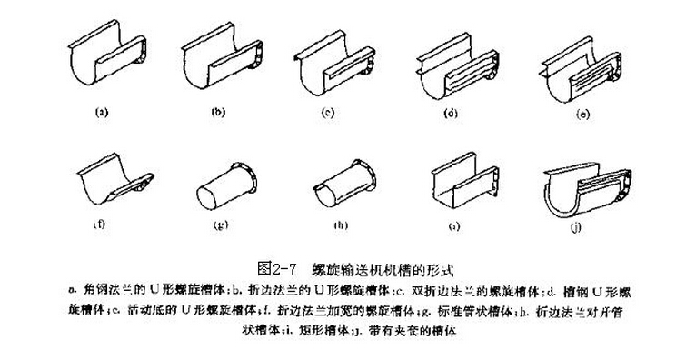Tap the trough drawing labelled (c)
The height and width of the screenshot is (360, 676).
point(339,61)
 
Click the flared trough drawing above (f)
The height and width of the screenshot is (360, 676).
point(118,181)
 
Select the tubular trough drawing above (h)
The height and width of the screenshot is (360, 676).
point(339,184)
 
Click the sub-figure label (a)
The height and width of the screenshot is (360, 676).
point(102,114)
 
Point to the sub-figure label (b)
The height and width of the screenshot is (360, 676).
point(217,115)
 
